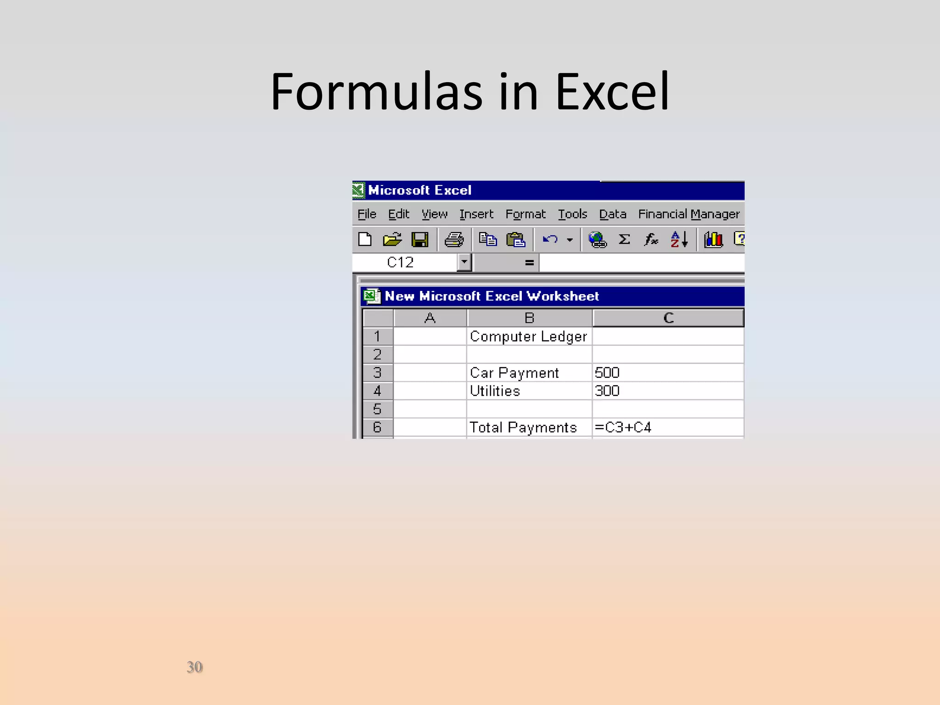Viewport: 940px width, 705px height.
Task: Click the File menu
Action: click(367, 214)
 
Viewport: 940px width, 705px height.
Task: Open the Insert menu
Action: click(476, 214)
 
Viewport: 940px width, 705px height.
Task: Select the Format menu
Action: click(525, 214)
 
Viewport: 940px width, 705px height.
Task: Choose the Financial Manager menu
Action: click(688, 214)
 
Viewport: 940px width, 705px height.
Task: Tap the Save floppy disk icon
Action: click(420, 240)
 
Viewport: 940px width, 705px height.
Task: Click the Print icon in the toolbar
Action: click(454, 240)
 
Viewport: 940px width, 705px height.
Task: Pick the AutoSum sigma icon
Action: click(624, 239)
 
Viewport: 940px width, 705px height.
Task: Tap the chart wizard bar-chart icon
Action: click(713, 240)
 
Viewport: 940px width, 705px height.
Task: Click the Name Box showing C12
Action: click(404, 263)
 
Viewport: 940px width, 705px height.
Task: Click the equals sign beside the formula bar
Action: click(529, 263)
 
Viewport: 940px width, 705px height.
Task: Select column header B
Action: click(529, 318)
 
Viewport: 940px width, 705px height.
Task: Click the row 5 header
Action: click(377, 409)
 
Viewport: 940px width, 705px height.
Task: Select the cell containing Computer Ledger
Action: click(528, 336)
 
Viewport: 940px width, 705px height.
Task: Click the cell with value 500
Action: click(607, 373)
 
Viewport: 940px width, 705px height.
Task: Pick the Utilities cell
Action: click(495, 391)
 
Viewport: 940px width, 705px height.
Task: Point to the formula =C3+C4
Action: click(623, 427)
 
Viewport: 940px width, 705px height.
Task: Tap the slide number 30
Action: click(194, 667)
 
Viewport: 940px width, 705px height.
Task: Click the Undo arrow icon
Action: click(550, 240)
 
